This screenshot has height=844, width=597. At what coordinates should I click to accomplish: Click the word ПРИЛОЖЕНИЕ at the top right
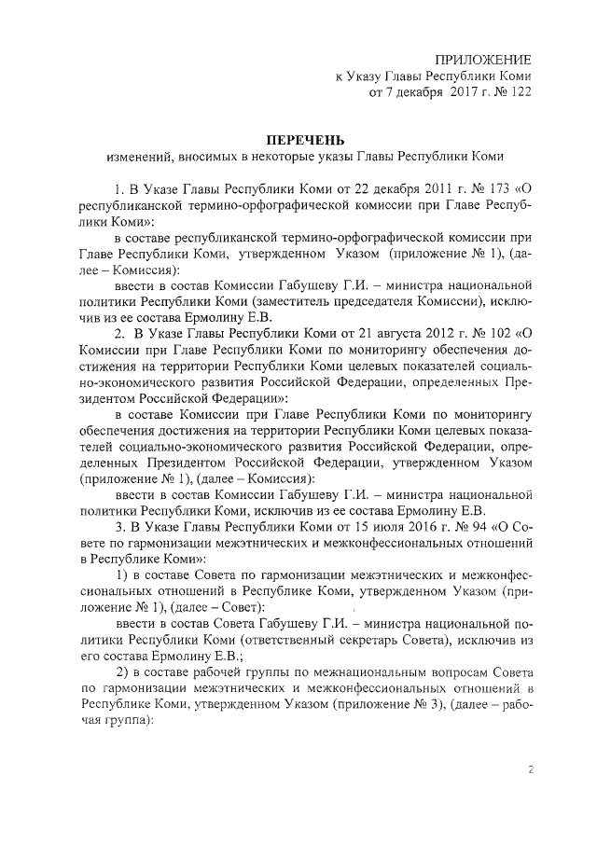tap(481, 59)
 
